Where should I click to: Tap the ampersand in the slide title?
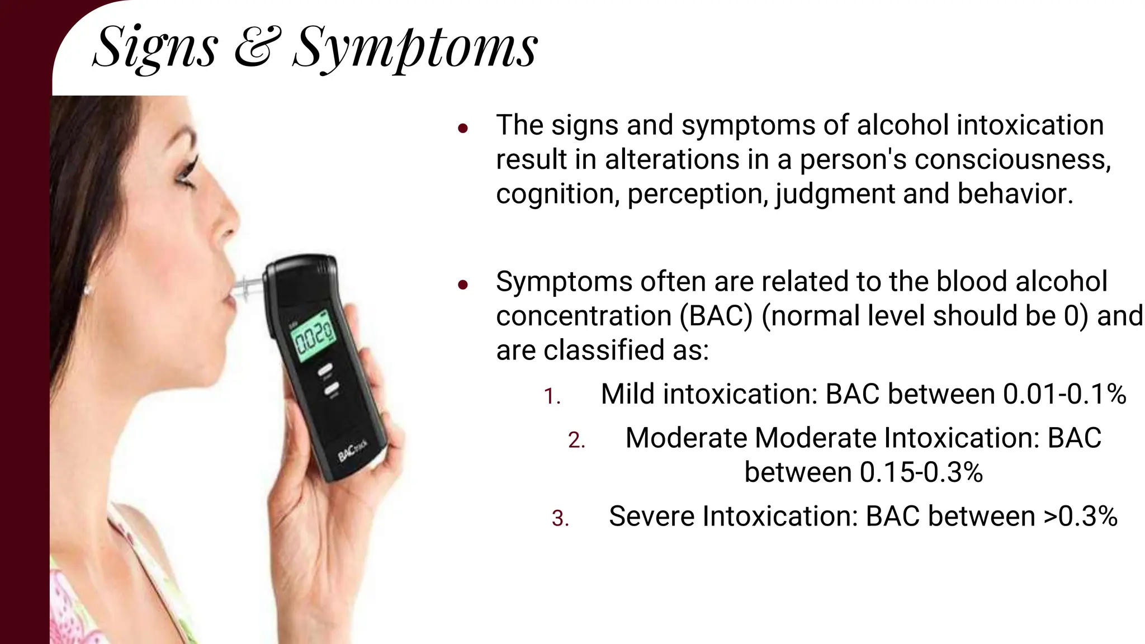click(254, 48)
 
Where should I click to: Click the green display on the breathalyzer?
click(312, 337)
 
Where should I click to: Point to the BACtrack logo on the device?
click(353, 451)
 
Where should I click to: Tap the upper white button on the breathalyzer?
click(325, 369)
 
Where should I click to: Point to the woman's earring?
click(87, 290)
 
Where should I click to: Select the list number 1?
click(552, 396)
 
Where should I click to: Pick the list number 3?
click(560, 518)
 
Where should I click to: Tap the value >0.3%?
click(1080, 516)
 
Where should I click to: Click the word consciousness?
click(1012, 159)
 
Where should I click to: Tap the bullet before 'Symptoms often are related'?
click(462, 285)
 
